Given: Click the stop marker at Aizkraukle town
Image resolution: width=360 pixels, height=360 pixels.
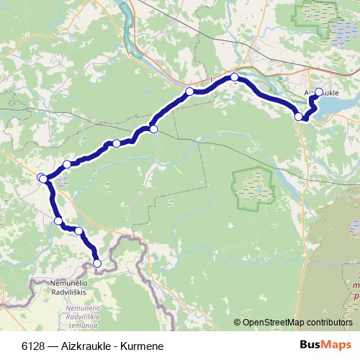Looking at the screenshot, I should pos(318,92).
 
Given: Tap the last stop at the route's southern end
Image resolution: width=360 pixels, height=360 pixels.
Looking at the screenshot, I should pos(97,264).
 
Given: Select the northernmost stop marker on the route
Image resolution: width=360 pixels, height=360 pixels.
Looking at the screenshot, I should pos(235,77).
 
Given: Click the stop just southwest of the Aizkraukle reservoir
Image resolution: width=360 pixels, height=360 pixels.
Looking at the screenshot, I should pos(299,116).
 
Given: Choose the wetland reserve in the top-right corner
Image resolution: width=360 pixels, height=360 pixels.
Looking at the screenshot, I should pos(328,17).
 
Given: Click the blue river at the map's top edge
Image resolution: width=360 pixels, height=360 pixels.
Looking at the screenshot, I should pos(128,11).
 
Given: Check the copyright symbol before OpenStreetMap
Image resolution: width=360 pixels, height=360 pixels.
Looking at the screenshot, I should pos(237,323).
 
